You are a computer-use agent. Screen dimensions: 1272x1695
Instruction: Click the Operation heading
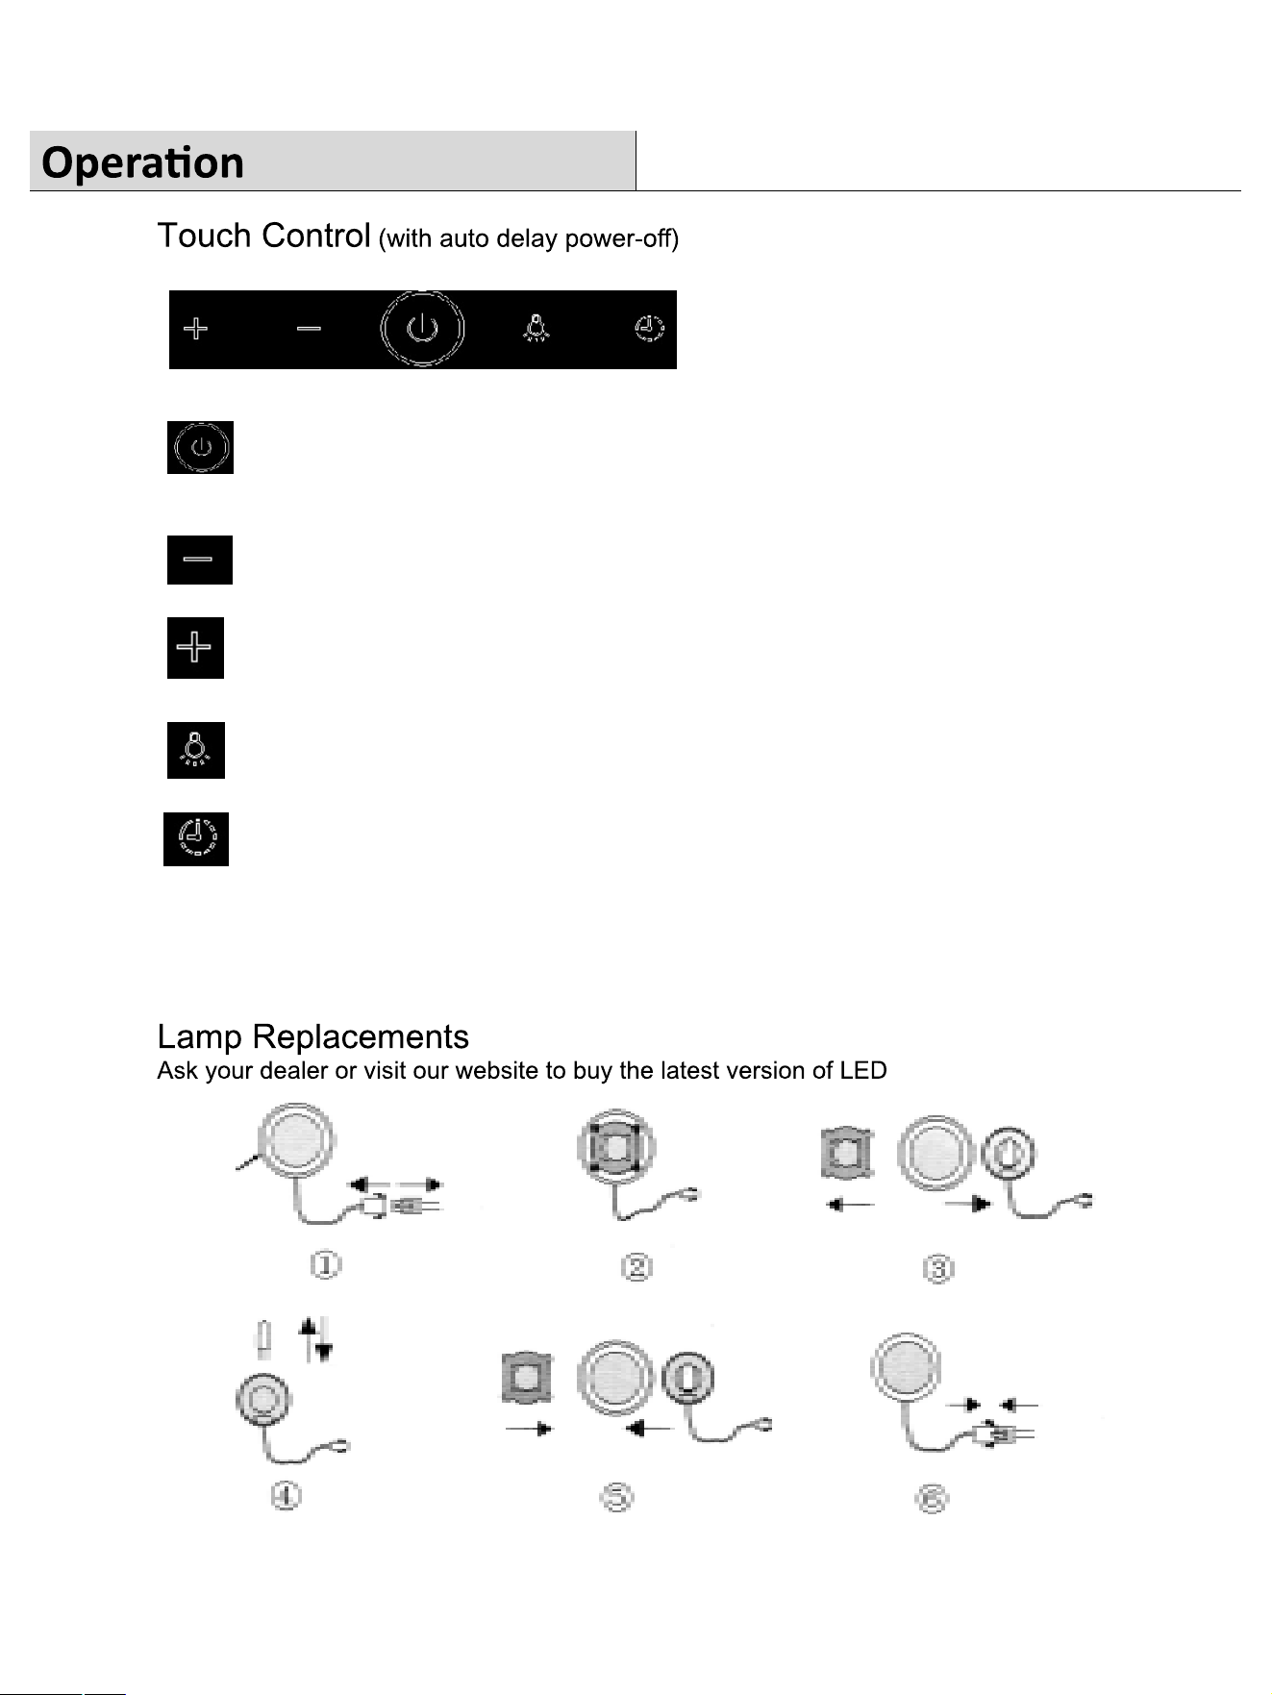[x=142, y=162]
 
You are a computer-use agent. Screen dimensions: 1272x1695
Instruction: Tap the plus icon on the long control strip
[x=195, y=329]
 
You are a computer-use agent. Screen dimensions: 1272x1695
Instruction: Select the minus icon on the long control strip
[x=309, y=329]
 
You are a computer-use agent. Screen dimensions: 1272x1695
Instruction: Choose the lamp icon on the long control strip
[x=536, y=329]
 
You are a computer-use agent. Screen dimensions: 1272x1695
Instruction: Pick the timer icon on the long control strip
[x=649, y=329]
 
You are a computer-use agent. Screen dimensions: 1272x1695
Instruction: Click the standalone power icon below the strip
[x=200, y=447]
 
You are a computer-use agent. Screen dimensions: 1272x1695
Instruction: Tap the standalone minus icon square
[x=200, y=560]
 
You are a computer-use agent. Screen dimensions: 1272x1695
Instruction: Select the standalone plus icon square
[x=195, y=648]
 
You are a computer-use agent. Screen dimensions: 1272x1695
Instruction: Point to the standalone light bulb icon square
[x=196, y=750]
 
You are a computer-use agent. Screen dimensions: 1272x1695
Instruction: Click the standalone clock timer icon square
[x=196, y=839]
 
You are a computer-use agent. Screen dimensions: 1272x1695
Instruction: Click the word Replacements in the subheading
[x=361, y=1037]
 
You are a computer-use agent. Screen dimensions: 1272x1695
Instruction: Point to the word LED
[x=863, y=1071]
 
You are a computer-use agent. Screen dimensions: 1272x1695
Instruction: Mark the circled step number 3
[x=937, y=1269]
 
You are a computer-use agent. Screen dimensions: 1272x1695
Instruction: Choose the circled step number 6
[x=932, y=1499]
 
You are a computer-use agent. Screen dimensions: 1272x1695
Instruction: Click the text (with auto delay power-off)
[x=529, y=239]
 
